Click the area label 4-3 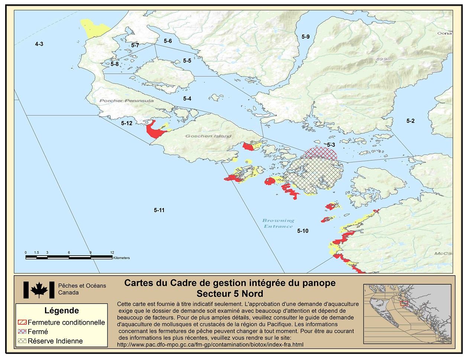click(x=39, y=44)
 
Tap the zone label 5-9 click(x=305, y=36)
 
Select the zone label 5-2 click(x=410, y=121)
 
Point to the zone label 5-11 click(x=159, y=210)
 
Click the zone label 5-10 click(x=302, y=231)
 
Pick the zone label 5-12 click(x=127, y=123)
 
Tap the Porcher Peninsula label click(x=126, y=101)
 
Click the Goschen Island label click(x=208, y=136)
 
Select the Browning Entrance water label click(x=278, y=223)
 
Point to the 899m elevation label click(x=384, y=59)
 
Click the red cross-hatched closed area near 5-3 click(x=321, y=153)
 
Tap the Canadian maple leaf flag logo click(x=39, y=290)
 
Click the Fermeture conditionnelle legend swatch click(x=22, y=322)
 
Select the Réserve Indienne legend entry click(x=55, y=341)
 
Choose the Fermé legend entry click(x=38, y=331)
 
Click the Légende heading click(x=61, y=311)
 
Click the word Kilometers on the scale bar click(x=122, y=258)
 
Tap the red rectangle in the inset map click(x=404, y=303)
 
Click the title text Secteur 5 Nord click(x=230, y=293)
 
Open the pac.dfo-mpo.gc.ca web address click(x=210, y=344)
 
